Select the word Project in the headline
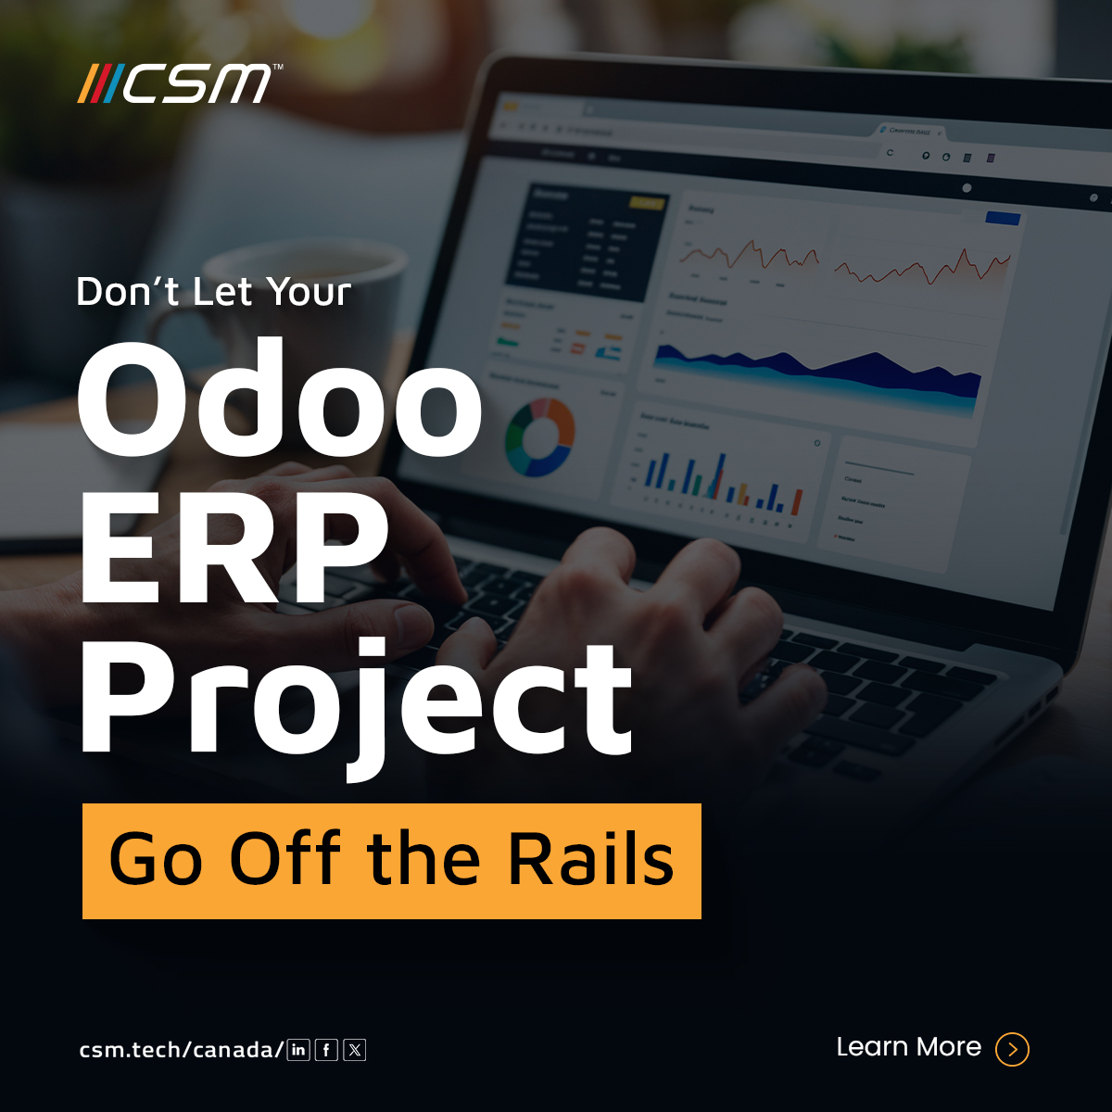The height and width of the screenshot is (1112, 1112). (357, 700)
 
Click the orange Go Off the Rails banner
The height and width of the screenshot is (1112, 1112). (391, 861)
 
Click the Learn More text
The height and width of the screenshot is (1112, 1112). (908, 1047)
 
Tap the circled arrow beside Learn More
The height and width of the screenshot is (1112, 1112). (1012, 1049)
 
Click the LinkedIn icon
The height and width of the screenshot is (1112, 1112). (298, 1050)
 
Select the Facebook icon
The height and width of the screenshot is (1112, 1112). (326, 1050)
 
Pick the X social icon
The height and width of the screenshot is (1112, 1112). (355, 1050)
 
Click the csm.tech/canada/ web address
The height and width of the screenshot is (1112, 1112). (181, 1050)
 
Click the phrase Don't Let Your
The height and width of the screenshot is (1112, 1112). (213, 292)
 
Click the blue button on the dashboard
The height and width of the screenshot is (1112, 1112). (1003, 219)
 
